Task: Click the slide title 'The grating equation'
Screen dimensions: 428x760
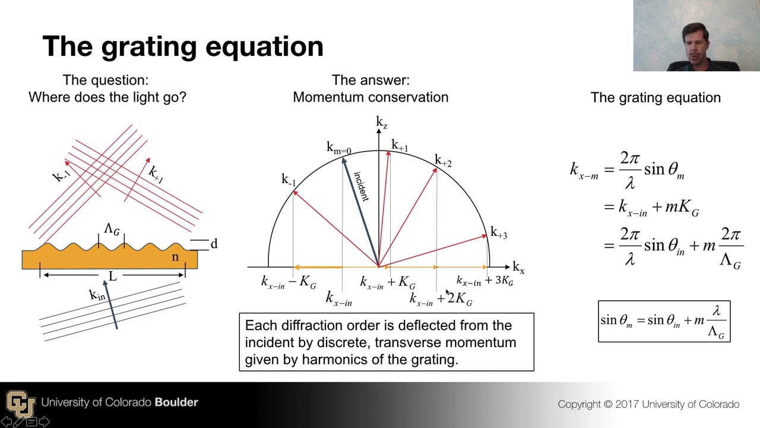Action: click(x=183, y=46)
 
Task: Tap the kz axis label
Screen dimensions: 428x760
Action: click(x=381, y=123)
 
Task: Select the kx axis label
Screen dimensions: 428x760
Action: click(x=518, y=268)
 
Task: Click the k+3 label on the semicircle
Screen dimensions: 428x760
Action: click(x=498, y=234)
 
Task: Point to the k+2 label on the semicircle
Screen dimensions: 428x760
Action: click(x=443, y=160)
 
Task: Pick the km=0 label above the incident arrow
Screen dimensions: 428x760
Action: click(x=338, y=148)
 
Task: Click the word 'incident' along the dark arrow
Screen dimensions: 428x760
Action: click(x=361, y=186)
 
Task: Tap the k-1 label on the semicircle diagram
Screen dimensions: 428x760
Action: click(x=288, y=180)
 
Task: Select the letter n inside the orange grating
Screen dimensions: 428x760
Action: click(x=175, y=257)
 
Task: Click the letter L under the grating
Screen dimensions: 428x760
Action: click(x=112, y=276)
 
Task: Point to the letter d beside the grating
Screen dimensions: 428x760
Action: click(x=214, y=244)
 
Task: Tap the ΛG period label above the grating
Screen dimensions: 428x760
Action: click(x=112, y=229)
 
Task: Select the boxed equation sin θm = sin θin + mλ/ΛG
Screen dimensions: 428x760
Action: click(x=664, y=321)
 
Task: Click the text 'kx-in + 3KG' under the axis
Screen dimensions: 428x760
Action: click(x=484, y=281)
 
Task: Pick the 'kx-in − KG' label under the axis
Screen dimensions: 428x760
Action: click(x=289, y=282)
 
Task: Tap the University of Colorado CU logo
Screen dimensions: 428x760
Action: click(x=20, y=404)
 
